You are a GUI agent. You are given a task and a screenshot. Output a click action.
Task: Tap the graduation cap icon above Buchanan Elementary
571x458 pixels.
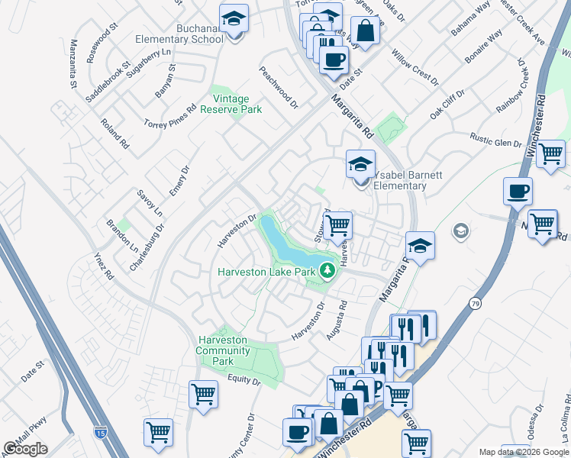234,18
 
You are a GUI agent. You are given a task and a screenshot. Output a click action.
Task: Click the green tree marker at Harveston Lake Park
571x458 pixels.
327,270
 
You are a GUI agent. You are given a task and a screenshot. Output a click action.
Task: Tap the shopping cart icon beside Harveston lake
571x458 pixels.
337,224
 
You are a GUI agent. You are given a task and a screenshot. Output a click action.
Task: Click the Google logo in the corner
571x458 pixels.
25,449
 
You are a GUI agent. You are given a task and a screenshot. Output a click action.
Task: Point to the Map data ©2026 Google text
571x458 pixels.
524,452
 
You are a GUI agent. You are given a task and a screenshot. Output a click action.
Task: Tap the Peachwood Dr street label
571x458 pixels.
278,87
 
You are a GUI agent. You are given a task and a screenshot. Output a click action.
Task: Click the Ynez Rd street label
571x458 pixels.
104,264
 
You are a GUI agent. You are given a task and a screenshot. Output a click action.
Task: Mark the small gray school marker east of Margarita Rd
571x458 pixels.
460,230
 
